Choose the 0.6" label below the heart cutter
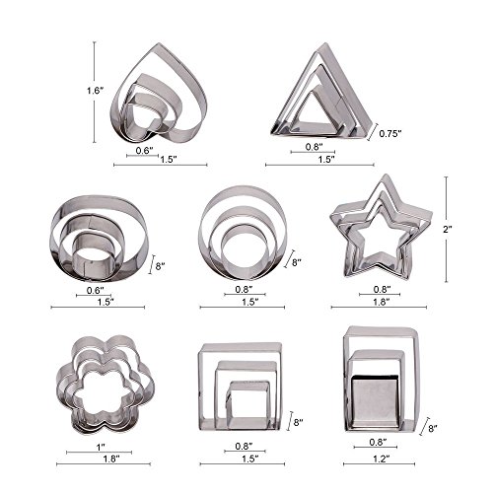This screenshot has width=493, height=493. (x=144, y=149)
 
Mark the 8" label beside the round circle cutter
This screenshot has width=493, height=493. (x=294, y=263)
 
